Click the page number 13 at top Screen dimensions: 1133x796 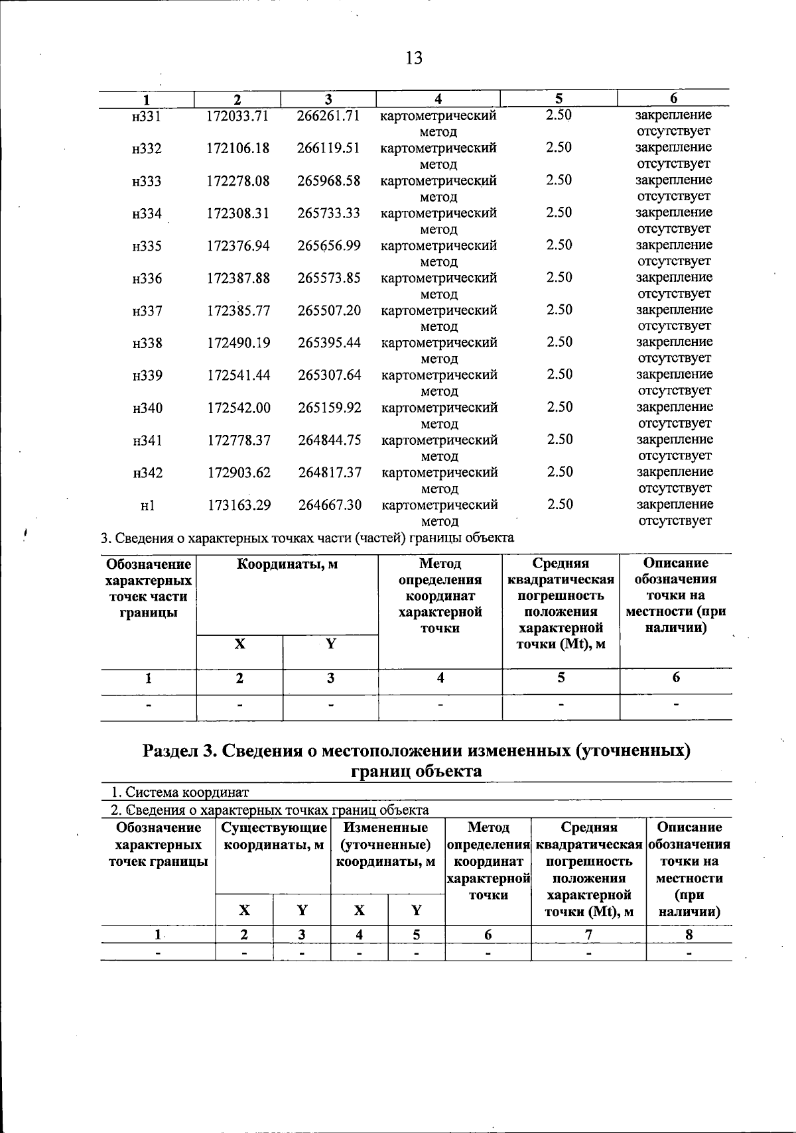click(x=413, y=58)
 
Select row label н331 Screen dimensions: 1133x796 click(x=147, y=117)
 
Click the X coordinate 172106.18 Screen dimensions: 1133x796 click(x=238, y=149)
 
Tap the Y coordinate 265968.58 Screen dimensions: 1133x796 click(x=328, y=181)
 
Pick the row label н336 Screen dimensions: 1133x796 click(x=147, y=279)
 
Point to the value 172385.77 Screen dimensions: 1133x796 click(x=239, y=311)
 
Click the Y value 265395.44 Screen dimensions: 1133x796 click(x=329, y=343)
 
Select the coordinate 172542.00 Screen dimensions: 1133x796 click(x=239, y=408)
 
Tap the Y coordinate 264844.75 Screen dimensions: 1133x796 click(x=330, y=441)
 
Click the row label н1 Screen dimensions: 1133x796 click(x=147, y=506)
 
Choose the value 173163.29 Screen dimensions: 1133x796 click(x=239, y=506)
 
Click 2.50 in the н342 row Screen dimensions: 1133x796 click(x=559, y=472)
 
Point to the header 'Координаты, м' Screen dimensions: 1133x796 click(x=287, y=565)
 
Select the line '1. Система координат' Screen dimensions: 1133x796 click(x=179, y=792)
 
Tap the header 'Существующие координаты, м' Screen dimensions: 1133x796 click(x=273, y=836)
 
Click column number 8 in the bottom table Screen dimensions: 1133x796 click(x=689, y=935)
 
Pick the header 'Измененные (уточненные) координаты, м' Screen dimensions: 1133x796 click(x=387, y=845)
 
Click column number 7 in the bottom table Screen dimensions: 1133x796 click(x=588, y=935)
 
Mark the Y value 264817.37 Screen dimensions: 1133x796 click(x=330, y=473)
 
